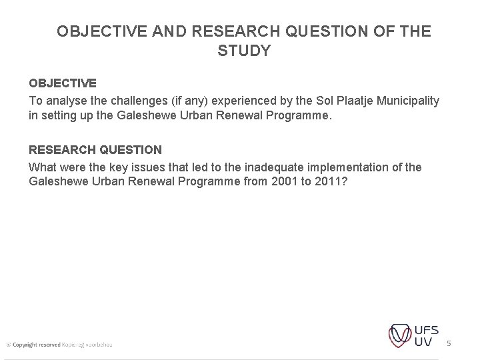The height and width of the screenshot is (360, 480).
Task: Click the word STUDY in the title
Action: pyautogui.click(x=244, y=51)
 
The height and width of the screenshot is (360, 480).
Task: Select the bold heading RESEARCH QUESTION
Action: pyautogui.click(x=95, y=150)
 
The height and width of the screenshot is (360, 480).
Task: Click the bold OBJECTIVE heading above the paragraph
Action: pyautogui.click(x=62, y=84)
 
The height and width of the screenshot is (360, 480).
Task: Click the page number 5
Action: pyautogui.click(x=449, y=343)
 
